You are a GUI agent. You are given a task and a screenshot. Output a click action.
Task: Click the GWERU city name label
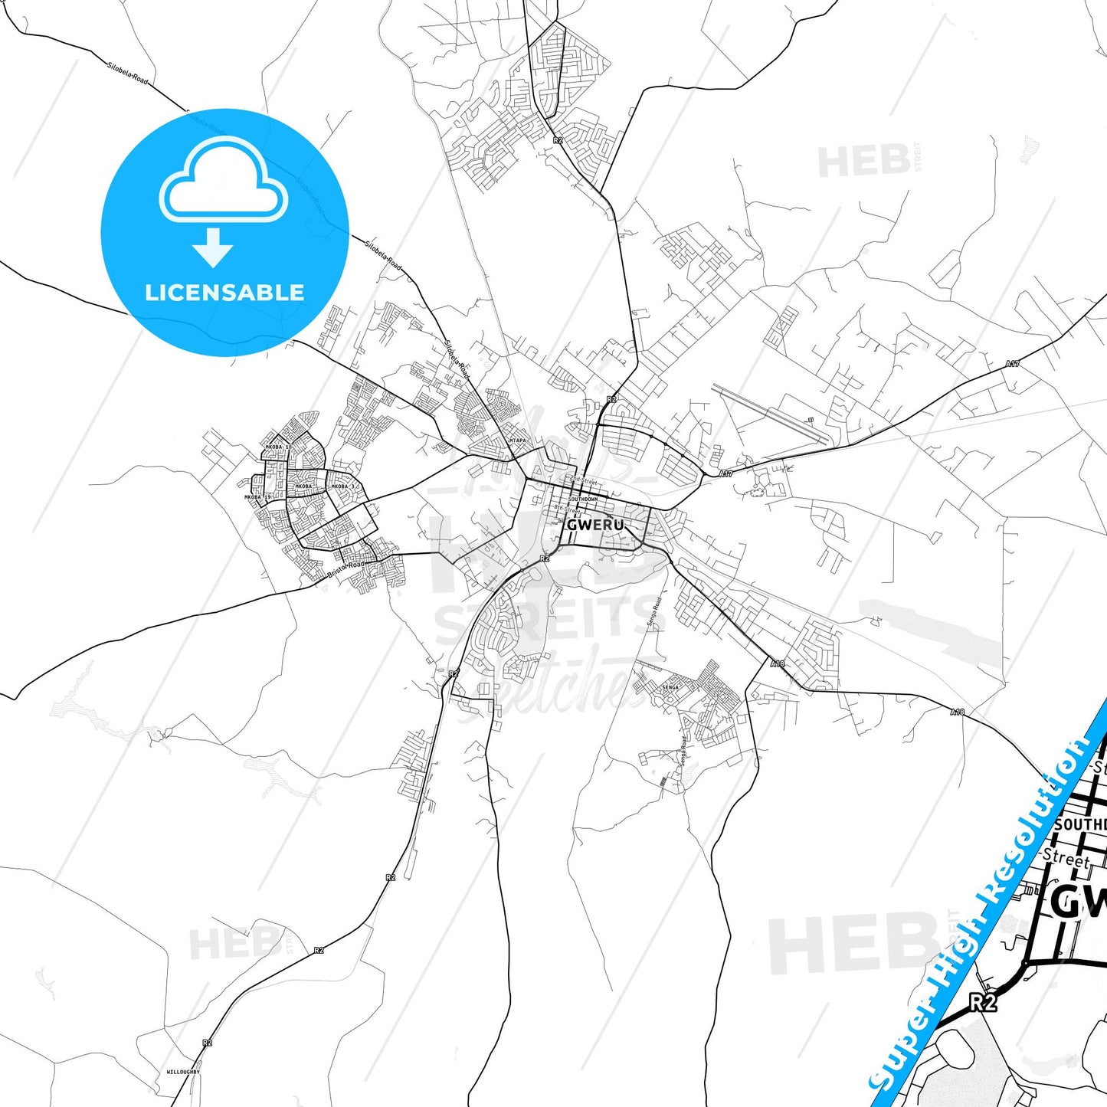coord(594,526)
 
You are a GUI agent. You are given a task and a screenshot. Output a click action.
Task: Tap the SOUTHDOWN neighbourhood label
coord(583,499)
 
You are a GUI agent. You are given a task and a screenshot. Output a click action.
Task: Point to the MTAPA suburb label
coord(518,441)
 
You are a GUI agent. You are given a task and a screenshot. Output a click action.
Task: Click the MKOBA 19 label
coord(257,497)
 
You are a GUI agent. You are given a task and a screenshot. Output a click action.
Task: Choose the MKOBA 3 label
coord(342,486)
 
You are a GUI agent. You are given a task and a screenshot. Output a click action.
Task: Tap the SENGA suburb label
coord(670,687)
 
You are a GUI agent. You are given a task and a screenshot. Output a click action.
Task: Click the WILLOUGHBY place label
coord(182,1072)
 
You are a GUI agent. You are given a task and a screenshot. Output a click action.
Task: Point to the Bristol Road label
coord(346,569)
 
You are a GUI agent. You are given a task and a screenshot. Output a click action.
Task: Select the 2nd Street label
coord(582,481)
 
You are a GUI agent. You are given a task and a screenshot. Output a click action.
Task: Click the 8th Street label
coord(567,509)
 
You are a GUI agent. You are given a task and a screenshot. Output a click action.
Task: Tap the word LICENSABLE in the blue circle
coord(224,293)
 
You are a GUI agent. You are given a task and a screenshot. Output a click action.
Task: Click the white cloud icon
coord(223,181)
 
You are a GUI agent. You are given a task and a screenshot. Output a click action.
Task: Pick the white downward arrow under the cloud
coord(213,247)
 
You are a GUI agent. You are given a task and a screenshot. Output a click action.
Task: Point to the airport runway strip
coord(770,414)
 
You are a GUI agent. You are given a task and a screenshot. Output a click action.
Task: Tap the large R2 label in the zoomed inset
coord(982,1002)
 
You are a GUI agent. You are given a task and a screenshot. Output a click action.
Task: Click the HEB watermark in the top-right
coord(864,161)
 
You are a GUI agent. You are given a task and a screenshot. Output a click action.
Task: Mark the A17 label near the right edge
coord(1013,364)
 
